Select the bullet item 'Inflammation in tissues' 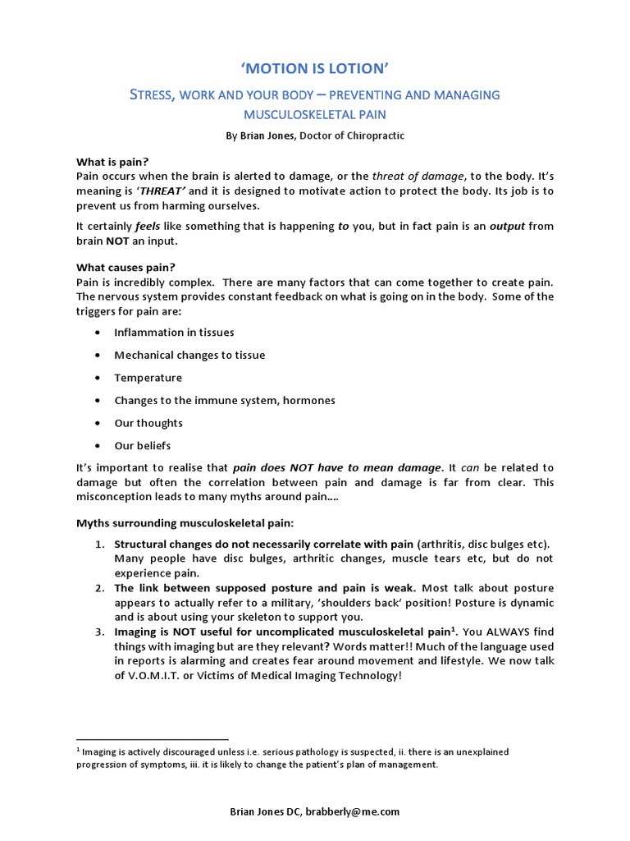(x=174, y=333)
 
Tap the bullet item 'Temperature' (x=148, y=378)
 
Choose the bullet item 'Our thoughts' (x=148, y=423)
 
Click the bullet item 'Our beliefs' (x=143, y=446)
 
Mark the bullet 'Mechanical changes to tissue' (x=189, y=355)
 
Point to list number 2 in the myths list (x=98, y=588)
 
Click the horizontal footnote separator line (x=153, y=739)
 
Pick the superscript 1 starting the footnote (x=78, y=750)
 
